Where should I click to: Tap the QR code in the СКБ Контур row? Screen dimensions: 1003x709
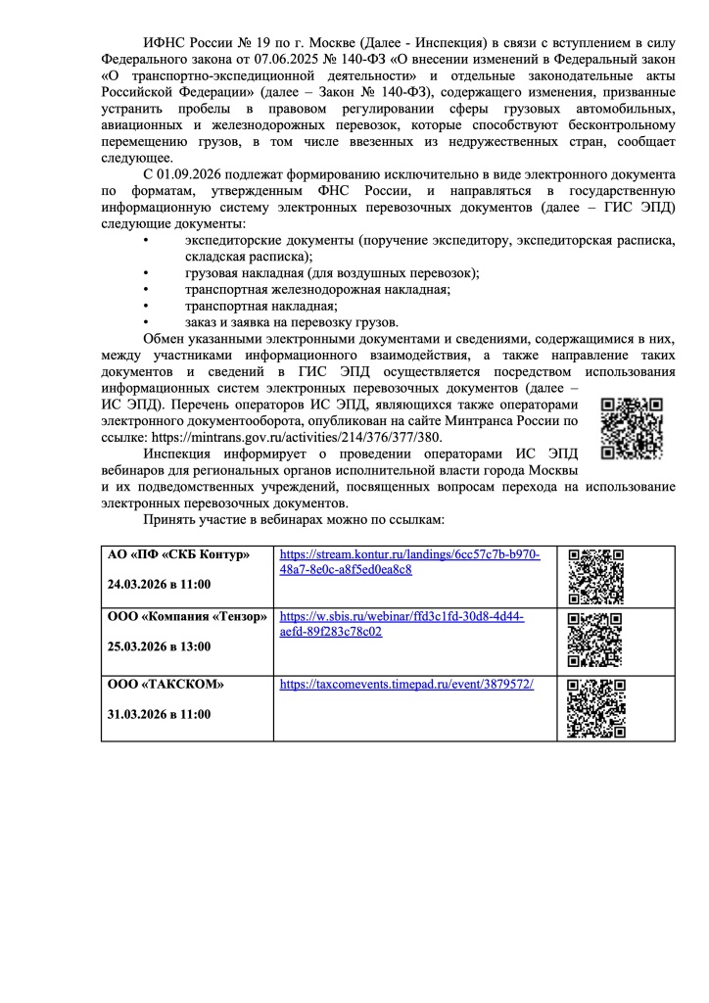(x=595, y=574)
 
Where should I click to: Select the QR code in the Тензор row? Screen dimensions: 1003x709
(x=595, y=640)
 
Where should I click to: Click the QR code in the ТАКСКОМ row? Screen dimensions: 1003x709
(x=595, y=708)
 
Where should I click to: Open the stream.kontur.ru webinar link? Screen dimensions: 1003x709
(x=409, y=562)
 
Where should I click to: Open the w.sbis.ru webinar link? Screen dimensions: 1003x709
(x=402, y=625)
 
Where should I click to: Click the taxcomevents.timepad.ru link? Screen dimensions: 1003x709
(x=406, y=685)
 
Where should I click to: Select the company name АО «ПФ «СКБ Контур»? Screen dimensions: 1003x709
(x=178, y=555)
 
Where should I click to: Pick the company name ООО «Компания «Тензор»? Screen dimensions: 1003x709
(x=186, y=618)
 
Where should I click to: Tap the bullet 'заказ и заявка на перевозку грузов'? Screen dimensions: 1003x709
(x=291, y=322)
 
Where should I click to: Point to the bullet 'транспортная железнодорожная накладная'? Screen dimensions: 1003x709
(x=317, y=290)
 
